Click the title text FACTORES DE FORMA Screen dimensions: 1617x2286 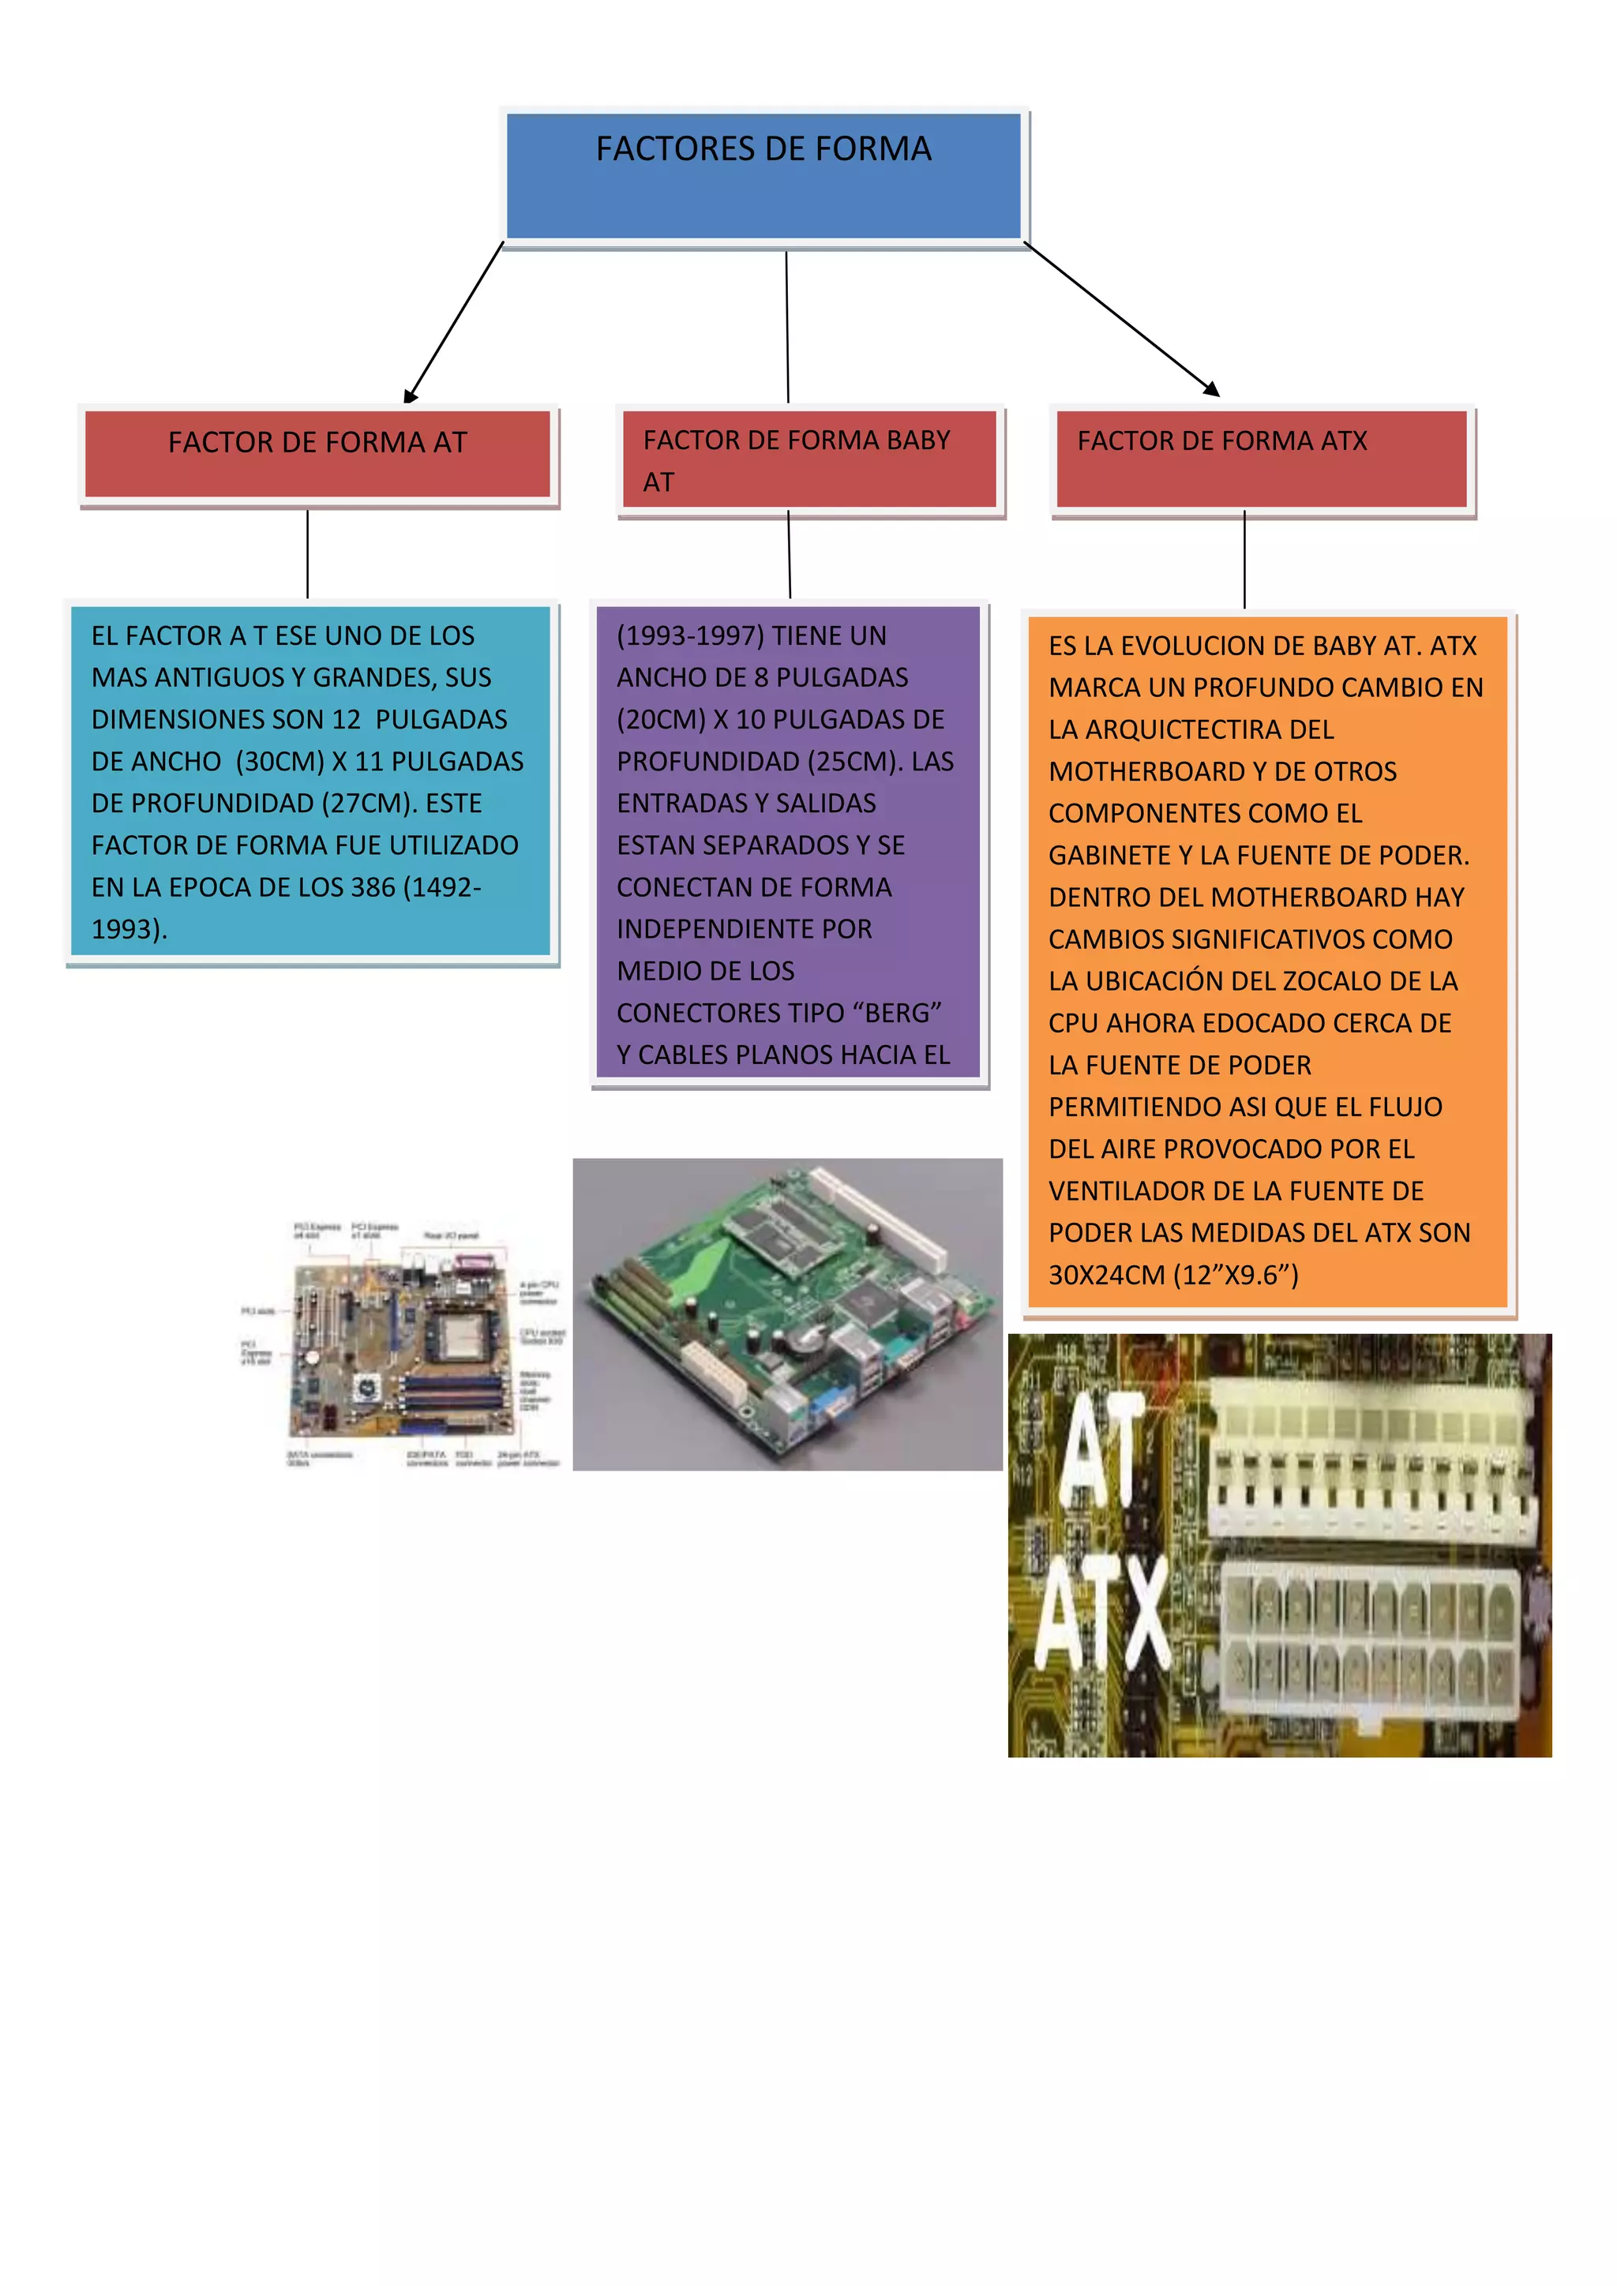click(x=763, y=149)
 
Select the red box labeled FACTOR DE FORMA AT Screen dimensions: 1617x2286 click(x=317, y=454)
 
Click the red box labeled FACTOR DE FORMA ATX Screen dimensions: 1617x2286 click(x=1262, y=459)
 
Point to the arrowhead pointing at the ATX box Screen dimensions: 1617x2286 click(x=1212, y=389)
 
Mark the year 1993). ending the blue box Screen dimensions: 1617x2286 click(x=129, y=929)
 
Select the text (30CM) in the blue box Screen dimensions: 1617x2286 click(x=280, y=762)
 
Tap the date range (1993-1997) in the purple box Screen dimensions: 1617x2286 click(x=690, y=635)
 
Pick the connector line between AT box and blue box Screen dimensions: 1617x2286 click(x=308, y=553)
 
